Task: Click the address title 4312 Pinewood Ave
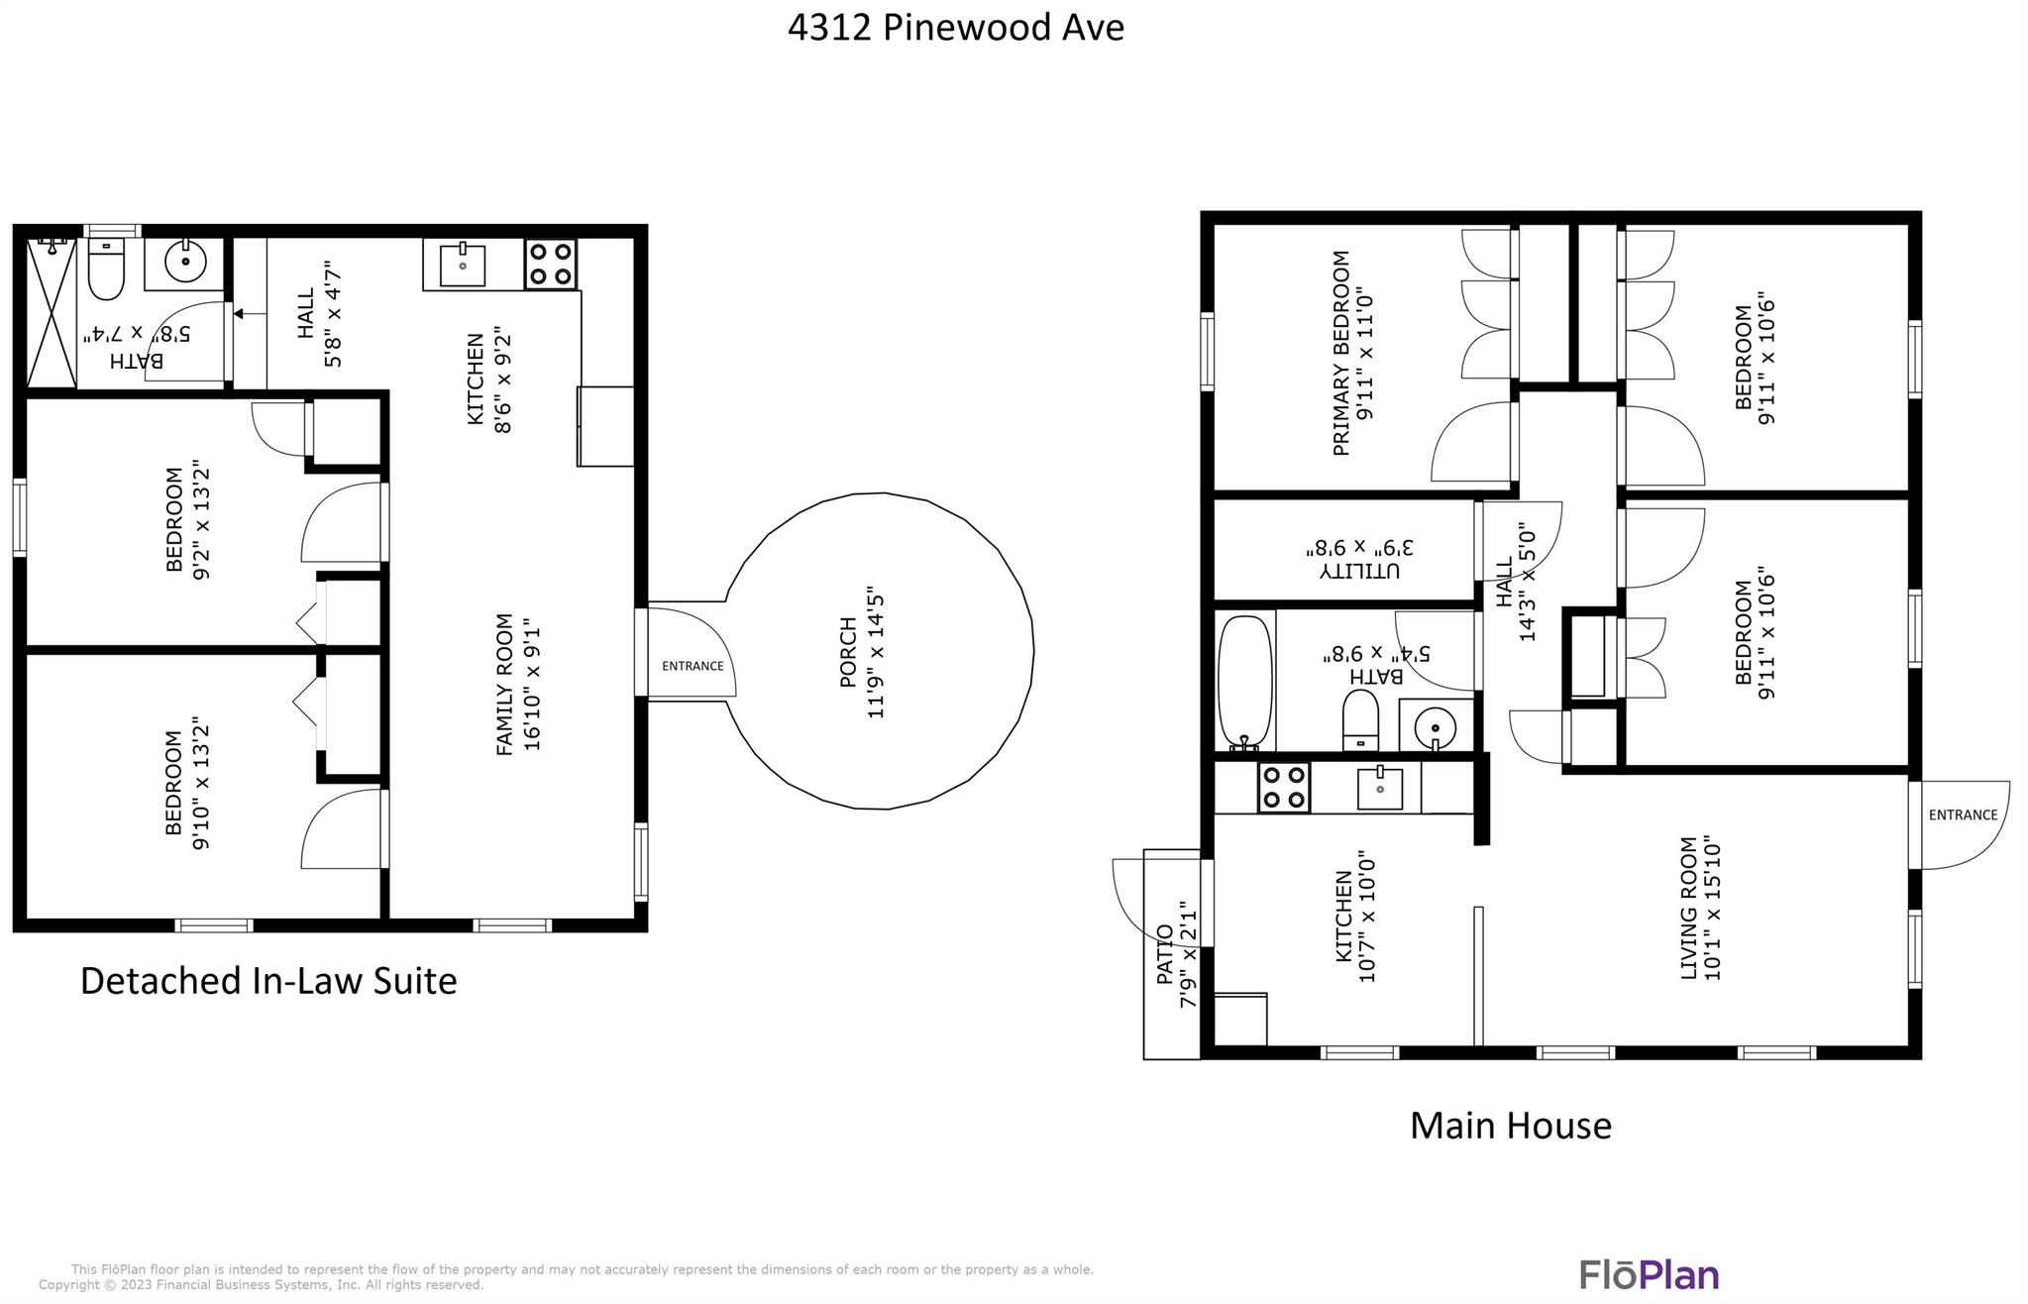click(x=955, y=27)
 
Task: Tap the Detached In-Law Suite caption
click(x=268, y=981)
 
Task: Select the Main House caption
click(x=1510, y=1125)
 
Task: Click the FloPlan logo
click(x=1649, y=1274)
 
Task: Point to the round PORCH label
click(x=849, y=653)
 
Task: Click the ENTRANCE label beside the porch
click(x=693, y=666)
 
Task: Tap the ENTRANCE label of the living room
click(x=1963, y=815)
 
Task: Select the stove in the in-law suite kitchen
click(x=550, y=264)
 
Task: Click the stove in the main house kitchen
click(x=1284, y=788)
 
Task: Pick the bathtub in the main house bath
click(x=1244, y=682)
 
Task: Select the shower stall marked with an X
click(x=52, y=313)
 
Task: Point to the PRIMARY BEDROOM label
click(x=1341, y=353)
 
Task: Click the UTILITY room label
click(x=1359, y=571)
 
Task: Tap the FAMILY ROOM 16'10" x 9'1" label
click(x=518, y=684)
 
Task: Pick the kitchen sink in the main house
click(x=1379, y=788)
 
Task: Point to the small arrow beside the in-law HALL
click(x=239, y=313)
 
